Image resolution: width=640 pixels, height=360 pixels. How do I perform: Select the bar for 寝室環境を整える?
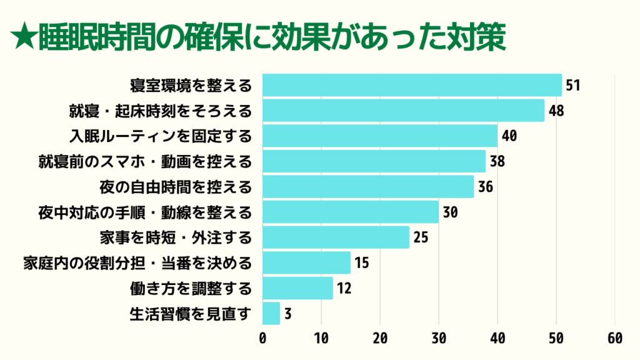(x=412, y=85)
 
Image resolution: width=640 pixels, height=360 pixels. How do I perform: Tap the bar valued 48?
(x=403, y=111)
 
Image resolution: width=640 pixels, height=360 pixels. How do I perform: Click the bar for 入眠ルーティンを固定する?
(x=380, y=136)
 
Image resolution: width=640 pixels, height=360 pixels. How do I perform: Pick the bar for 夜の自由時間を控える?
(x=368, y=186)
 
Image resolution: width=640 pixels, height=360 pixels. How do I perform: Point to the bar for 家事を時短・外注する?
(x=336, y=237)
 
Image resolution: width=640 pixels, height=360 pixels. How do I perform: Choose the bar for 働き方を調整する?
(x=297, y=288)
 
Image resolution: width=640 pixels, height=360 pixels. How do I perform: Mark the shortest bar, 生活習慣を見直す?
(x=271, y=313)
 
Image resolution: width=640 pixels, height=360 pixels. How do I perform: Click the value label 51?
(x=573, y=85)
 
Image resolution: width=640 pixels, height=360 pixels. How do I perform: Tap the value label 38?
(x=497, y=161)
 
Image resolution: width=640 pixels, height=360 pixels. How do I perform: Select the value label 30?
(x=450, y=212)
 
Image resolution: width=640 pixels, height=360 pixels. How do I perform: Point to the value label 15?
(x=361, y=262)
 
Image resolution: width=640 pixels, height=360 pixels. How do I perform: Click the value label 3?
(x=287, y=313)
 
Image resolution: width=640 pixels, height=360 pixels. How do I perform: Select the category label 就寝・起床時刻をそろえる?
(x=161, y=111)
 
